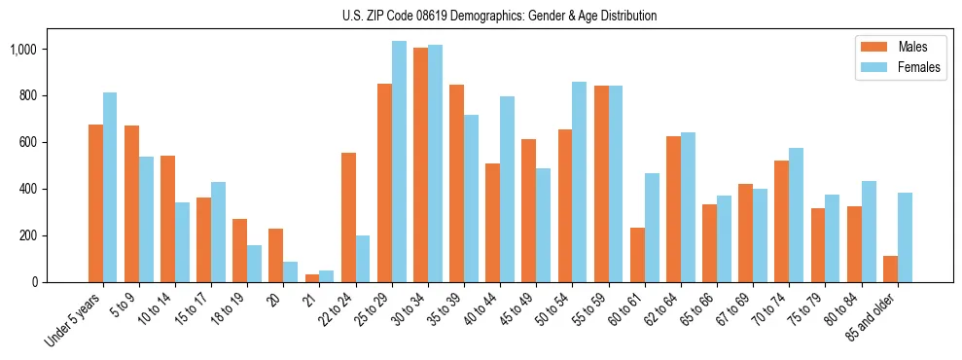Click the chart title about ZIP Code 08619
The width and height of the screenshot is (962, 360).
click(x=499, y=16)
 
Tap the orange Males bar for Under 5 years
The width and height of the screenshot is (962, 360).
click(x=95, y=203)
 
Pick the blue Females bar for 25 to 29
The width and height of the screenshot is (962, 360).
click(x=399, y=162)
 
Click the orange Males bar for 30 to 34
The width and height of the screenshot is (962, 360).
click(x=420, y=165)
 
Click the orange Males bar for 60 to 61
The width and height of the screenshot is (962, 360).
click(x=637, y=255)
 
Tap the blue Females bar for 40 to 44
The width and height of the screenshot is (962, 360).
click(x=507, y=190)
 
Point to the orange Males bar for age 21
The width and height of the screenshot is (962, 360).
click(x=312, y=278)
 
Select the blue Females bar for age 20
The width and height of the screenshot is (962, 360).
click(x=290, y=272)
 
